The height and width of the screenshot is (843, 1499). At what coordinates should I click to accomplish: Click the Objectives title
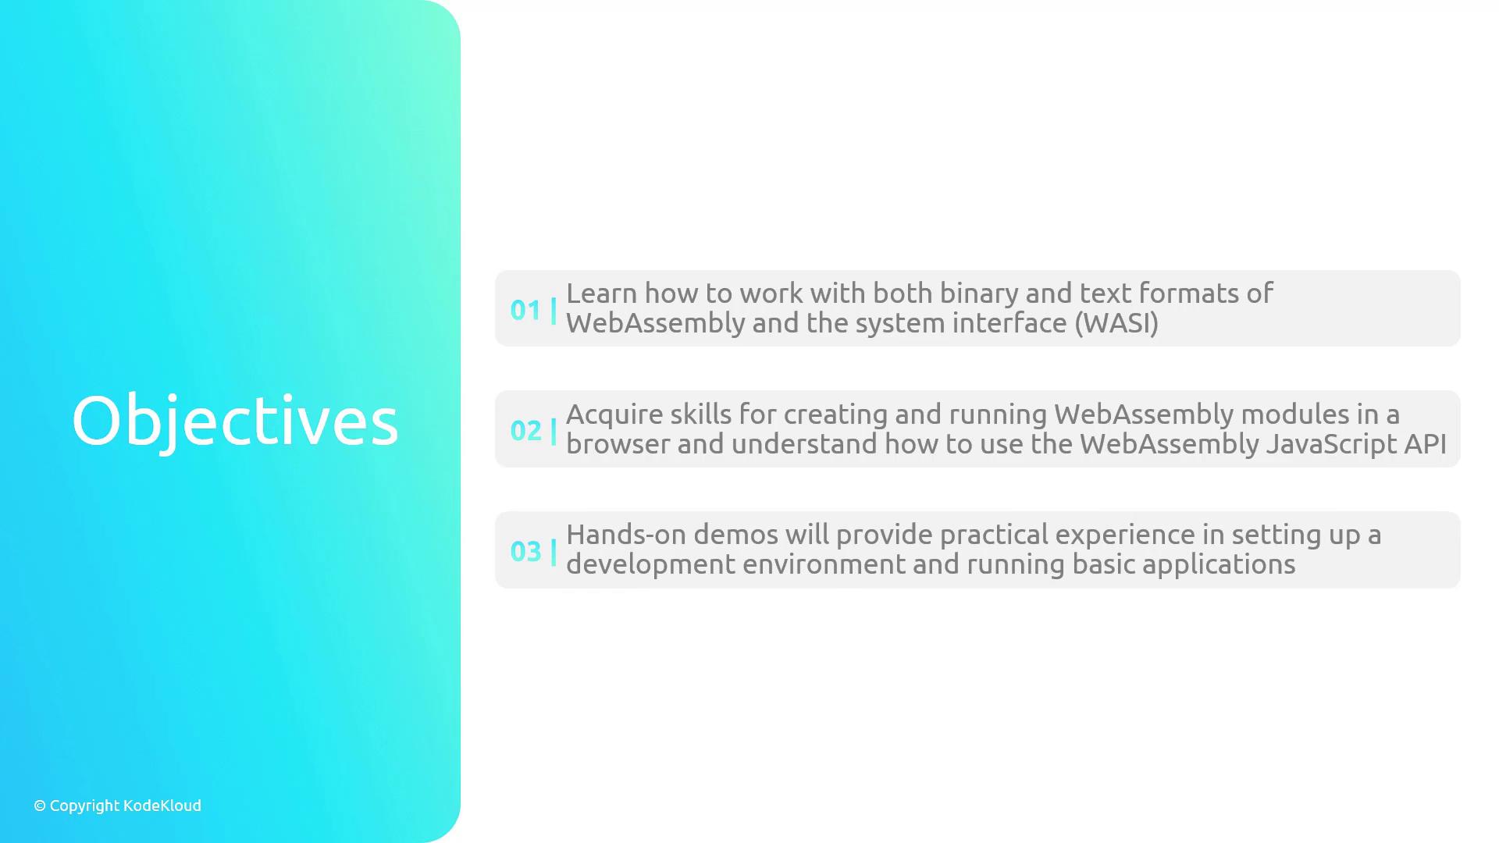(235, 421)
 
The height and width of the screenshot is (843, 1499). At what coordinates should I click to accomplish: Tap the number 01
(525, 311)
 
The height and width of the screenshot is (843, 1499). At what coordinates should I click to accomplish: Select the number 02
(525, 431)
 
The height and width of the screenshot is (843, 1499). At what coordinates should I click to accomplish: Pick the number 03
(525, 552)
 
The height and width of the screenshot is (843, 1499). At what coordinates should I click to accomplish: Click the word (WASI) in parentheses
(1116, 323)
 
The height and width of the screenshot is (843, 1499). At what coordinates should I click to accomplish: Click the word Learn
(602, 293)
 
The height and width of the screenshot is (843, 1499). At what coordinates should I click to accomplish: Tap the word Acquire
(614, 415)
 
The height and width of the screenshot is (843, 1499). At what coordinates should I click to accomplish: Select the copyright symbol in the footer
(40, 806)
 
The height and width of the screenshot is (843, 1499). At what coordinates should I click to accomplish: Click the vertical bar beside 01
(554, 311)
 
